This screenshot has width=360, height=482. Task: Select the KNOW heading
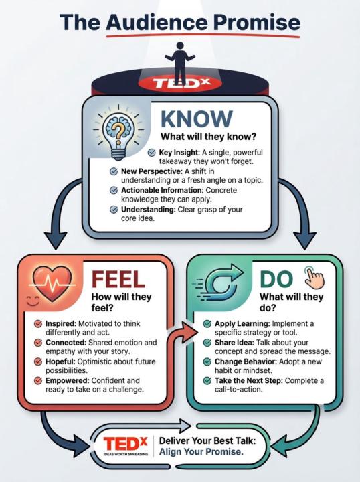pos(197,118)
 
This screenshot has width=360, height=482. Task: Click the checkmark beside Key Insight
pos(151,153)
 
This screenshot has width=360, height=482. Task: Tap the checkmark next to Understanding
pos(114,210)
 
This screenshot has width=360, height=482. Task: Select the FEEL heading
pos(118,279)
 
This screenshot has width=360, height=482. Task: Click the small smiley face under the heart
pos(33,301)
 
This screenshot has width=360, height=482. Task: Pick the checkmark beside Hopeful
pos(38,361)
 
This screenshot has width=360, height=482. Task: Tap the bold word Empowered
pos(68,380)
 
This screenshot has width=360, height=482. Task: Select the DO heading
pos(276,279)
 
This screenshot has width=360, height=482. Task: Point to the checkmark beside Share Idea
pos(207,343)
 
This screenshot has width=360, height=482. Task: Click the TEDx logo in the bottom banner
pos(125,445)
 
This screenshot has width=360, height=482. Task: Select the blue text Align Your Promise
pos(201,452)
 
